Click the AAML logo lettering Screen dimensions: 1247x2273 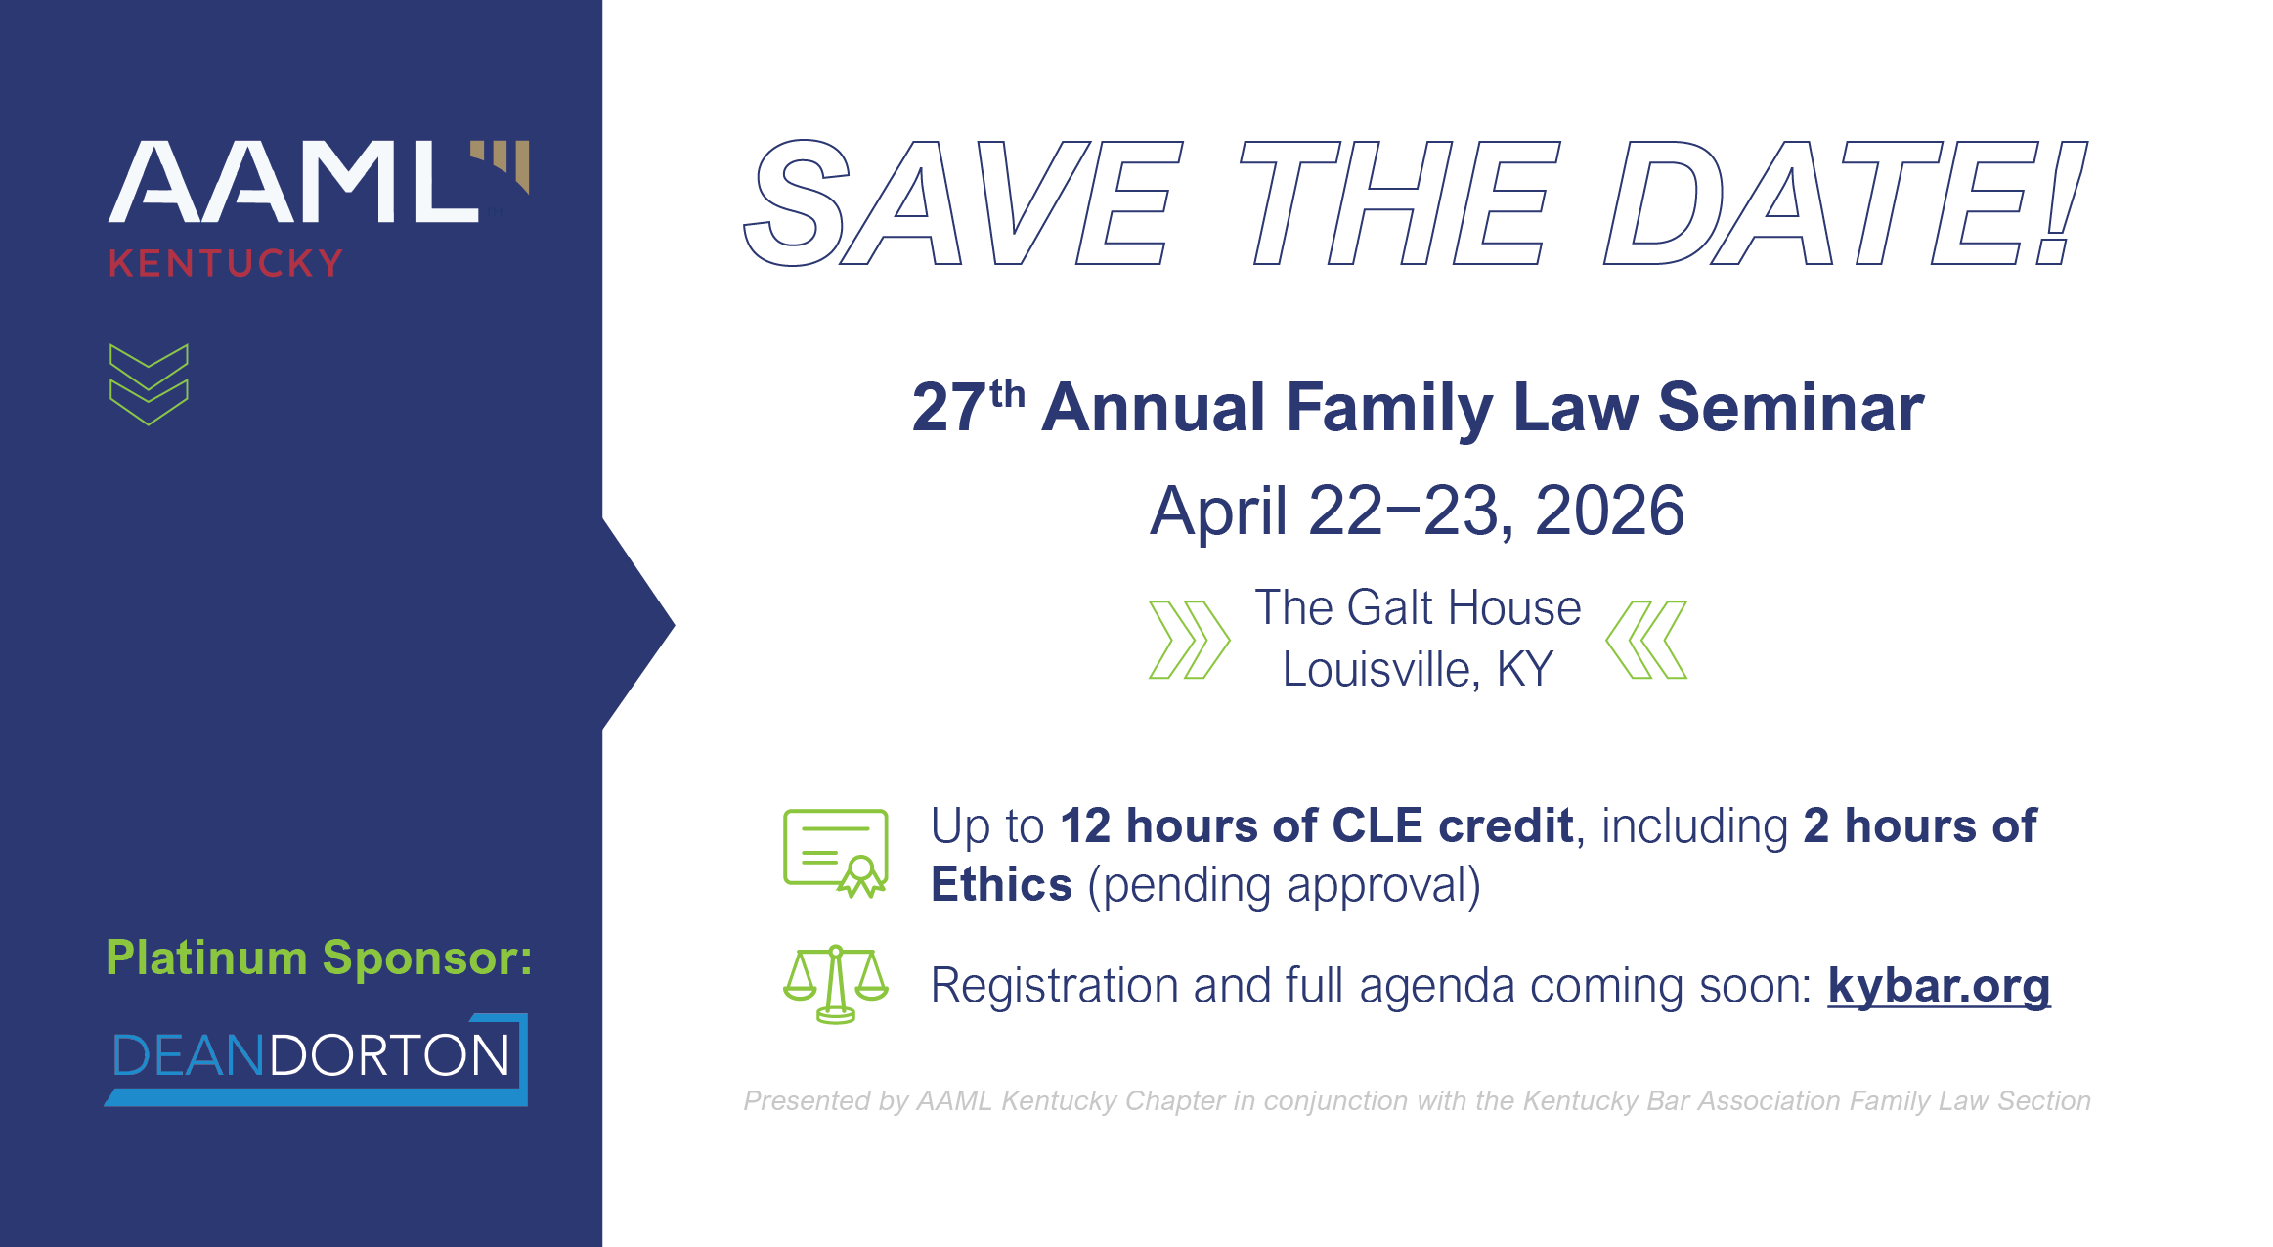point(293,182)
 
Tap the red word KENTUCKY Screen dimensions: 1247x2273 point(226,263)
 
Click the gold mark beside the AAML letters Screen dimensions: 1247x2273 point(503,163)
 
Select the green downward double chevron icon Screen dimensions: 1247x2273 point(149,384)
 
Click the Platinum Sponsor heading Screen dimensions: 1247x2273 point(319,958)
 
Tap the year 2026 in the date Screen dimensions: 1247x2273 point(1609,511)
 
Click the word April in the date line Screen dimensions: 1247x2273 point(1218,511)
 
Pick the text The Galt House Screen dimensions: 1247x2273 point(1418,607)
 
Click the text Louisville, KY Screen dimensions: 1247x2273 point(1418,670)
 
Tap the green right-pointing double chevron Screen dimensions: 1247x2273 point(1189,640)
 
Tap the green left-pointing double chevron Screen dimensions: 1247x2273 point(1646,640)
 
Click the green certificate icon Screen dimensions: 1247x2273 point(836,852)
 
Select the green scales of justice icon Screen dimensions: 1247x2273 point(836,984)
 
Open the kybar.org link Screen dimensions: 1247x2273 point(1939,985)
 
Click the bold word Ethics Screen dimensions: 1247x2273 point(1001,885)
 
